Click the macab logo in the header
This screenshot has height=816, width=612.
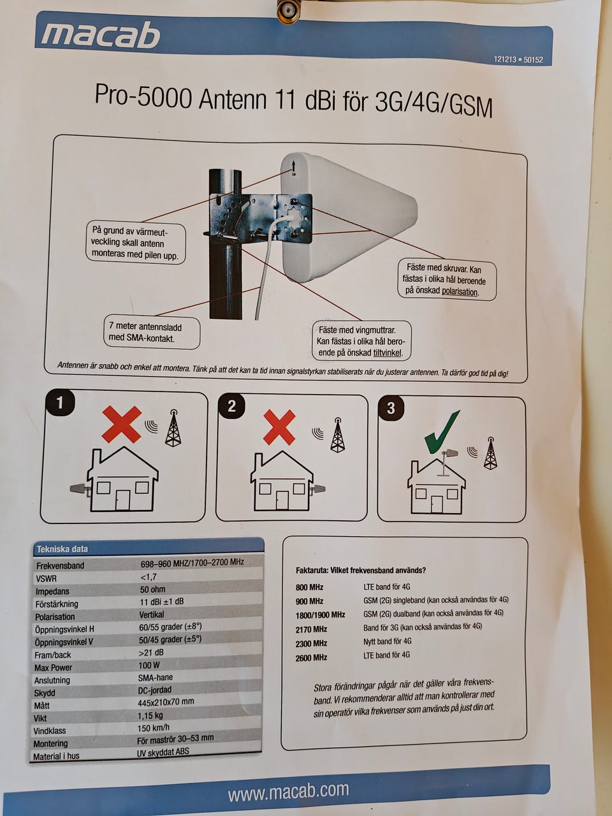click(x=100, y=34)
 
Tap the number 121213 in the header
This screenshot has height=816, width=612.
click(x=506, y=59)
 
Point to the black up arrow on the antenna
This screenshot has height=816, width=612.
click(x=293, y=166)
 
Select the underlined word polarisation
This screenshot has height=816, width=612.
click(x=459, y=291)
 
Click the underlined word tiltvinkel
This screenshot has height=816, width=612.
click(x=387, y=353)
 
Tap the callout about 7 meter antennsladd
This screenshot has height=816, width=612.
click(x=152, y=333)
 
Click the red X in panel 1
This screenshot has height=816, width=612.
click(x=122, y=424)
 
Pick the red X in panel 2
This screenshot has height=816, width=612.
click(x=279, y=427)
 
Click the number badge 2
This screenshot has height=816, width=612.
click(x=231, y=406)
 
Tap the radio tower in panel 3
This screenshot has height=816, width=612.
click(x=490, y=453)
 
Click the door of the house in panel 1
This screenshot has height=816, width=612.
click(x=122, y=500)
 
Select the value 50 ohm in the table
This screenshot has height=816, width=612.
click(x=153, y=589)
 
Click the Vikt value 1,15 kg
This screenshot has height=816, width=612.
click(x=150, y=715)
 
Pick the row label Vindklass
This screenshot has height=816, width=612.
click(x=50, y=731)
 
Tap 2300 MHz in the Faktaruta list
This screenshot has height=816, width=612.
click(x=311, y=643)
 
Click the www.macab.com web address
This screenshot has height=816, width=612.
click(x=288, y=792)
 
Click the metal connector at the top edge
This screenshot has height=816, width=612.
click(x=288, y=10)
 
